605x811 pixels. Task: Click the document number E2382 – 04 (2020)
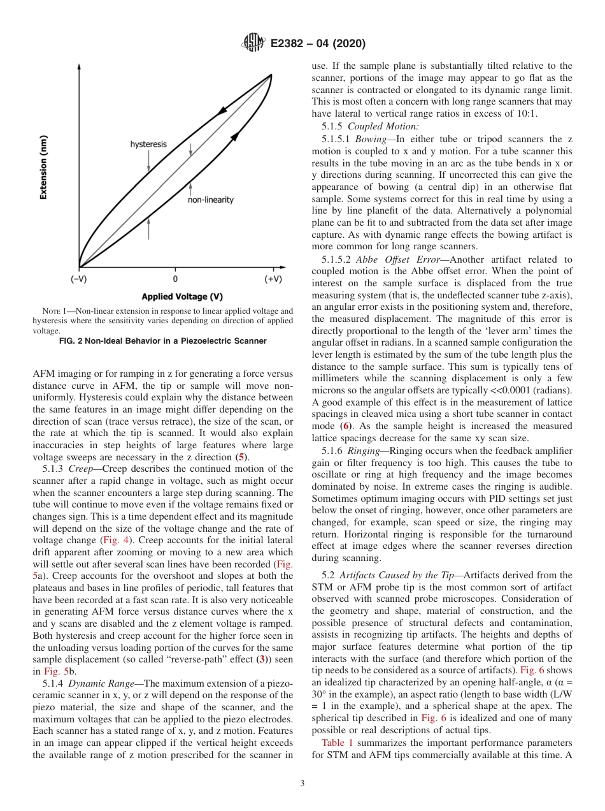click(317, 44)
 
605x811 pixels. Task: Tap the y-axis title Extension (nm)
click(43, 167)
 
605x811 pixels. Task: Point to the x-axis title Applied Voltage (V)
click(182, 296)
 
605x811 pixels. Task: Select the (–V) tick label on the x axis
click(79, 279)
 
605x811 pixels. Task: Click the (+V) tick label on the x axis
click(273, 279)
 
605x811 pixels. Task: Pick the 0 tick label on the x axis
click(175, 279)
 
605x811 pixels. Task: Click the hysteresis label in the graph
click(148, 145)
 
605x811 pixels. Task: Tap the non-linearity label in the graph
click(210, 200)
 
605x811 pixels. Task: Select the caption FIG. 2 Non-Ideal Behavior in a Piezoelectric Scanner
click(162, 341)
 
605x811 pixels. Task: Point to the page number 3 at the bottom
click(302, 783)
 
